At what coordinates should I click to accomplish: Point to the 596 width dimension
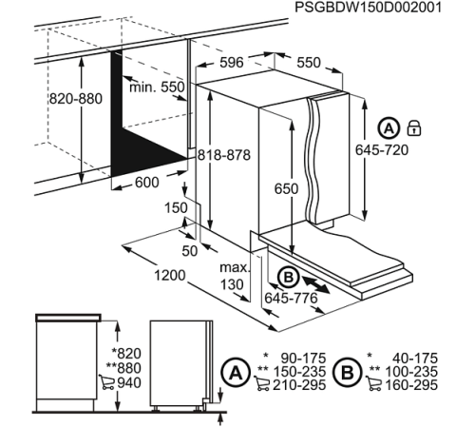point(232,63)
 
